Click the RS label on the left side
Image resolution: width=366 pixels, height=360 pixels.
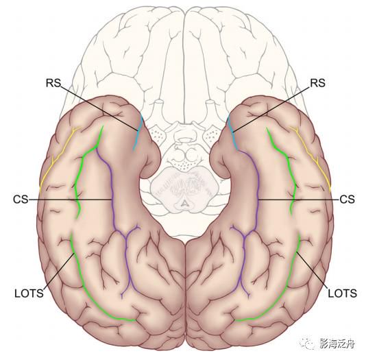pyautogui.click(x=53, y=83)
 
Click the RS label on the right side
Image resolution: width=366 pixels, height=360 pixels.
pyautogui.click(x=317, y=83)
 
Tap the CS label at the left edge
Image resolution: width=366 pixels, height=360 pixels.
pyautogui.click(x=21, y=200)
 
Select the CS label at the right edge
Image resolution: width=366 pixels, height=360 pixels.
pyautogui.click(x=347, y=200)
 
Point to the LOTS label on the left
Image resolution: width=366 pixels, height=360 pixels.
pyautogui.click(x=29, y=293)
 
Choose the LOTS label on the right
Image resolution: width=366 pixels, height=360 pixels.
pyautogui.click(x=343, y=293)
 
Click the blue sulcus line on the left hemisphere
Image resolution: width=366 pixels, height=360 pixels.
pyautogui.click(x=138, y=133)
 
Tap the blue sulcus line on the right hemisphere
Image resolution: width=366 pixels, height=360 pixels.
pyautogui.click(x=232, y=133)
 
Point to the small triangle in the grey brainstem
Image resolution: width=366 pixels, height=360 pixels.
pyautogui.click(x=185, y=204)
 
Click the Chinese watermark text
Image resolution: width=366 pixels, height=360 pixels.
pyautogui.click(x=337, y=344)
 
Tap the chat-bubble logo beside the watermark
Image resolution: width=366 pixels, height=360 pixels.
pyautogui.click(x=308, y=343)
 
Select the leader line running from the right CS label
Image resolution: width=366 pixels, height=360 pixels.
pyautogui.click(x=298, y=200)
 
